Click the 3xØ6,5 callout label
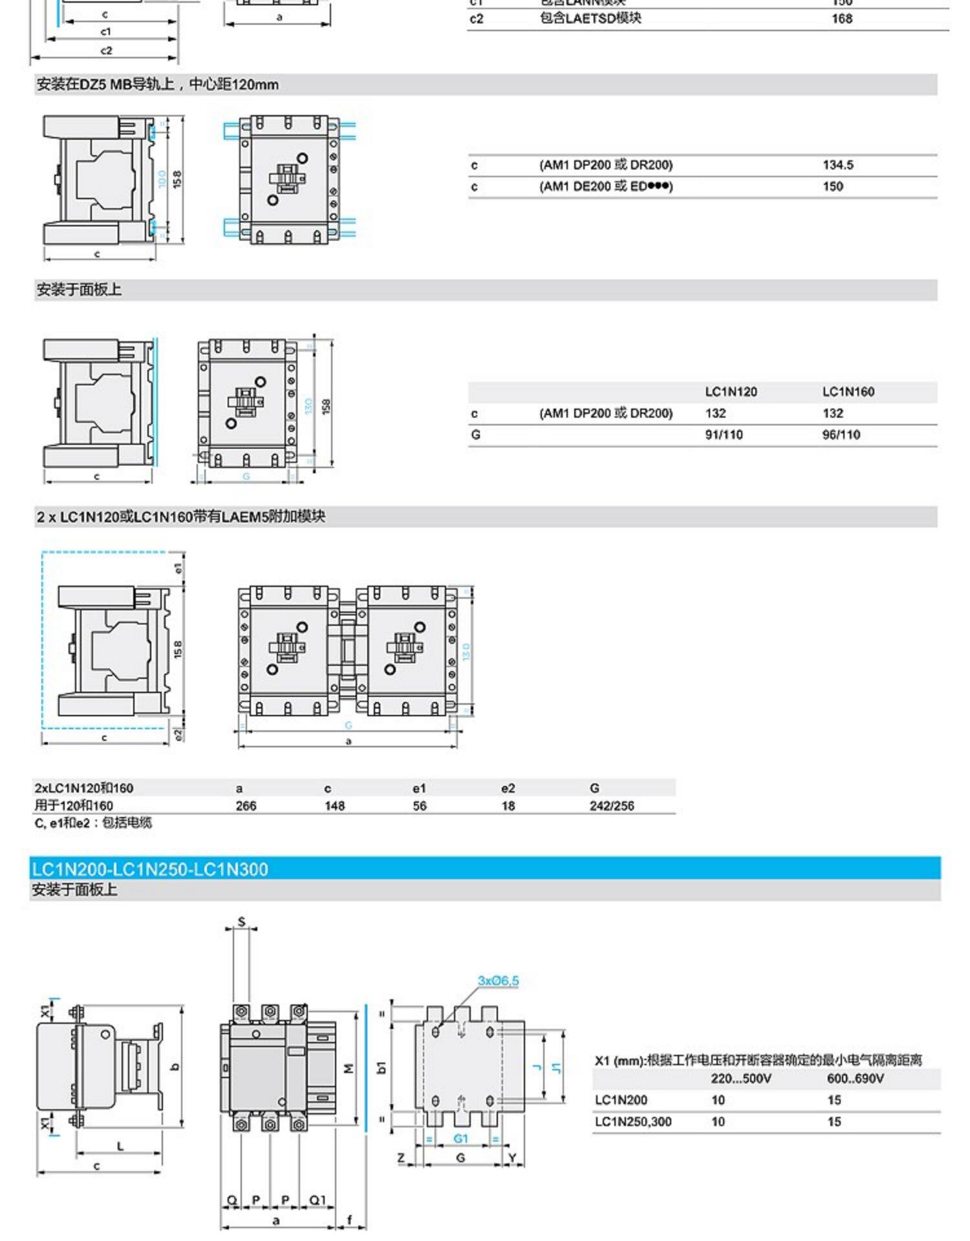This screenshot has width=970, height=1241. pyautogui.click(x=498, y=981)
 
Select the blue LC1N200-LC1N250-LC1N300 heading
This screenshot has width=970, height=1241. pyautogui.click(x=149, y=869)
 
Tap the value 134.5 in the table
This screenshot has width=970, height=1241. pyautogui.click(x=837, y=165)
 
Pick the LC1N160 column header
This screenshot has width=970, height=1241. pyautogui.click(x=848, y=392)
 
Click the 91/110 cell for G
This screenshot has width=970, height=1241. pyautogui.click(x=724, y=435)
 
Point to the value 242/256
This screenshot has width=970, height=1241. pyautogui.click(x=611, y=806)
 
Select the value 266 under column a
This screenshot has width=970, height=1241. pyautogui.click(x=246, y=806)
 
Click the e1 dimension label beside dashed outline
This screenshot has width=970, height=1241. pyautogui.click(x=178, y=568)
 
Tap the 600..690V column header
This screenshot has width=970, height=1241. pyautogui.click(x=855, y=1078)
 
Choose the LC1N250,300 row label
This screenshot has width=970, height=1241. pyautogui.click(x=632, y=1121)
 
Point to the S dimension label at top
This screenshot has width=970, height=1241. pyautogui.click(x=241, y=922)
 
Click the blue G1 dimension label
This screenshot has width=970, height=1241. pyautogui.click(x=460, y=1138)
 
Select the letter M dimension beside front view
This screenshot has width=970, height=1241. pyautogui.click(x=349, y=1068)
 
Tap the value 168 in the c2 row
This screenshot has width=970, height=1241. pyautogui.click(x=841, y=19)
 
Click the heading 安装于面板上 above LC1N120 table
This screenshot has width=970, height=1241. pyautogui.click(x=79, y=290)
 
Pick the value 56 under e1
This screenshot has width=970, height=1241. pyautogui.click(x=419, y=806)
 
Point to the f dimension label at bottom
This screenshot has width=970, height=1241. pyautogui.click(x=350, y=1220)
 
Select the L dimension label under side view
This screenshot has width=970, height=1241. pyautogui.click(x=120, y=1146)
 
